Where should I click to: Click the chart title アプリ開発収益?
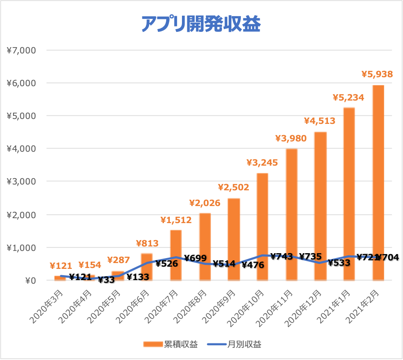click(201, 24)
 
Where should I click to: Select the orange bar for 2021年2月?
click(378, 183)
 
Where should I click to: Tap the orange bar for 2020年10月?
click(262, 227)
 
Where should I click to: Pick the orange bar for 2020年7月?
click(176, 255)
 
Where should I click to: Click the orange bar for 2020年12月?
click(320, 206)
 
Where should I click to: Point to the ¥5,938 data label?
click(377, 74)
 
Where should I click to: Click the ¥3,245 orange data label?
click(262, 162)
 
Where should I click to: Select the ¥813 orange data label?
click(147, 243)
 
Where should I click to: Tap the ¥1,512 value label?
click(176, 220)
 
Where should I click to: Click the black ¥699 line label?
click(195, 258)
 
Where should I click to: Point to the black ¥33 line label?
click(106, 280)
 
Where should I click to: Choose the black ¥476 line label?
click(253, 265)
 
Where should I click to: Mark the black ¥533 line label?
click(339, 263)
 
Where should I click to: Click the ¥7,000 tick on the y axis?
click(21, 50)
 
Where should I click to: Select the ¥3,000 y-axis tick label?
click(21, 181)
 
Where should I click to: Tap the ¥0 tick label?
click(31, 281)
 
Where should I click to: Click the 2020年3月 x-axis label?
click(46, 306)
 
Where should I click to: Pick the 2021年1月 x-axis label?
click(333, 306)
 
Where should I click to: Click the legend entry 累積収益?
click(171, 344)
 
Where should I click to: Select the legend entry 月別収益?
click(234, 344)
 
